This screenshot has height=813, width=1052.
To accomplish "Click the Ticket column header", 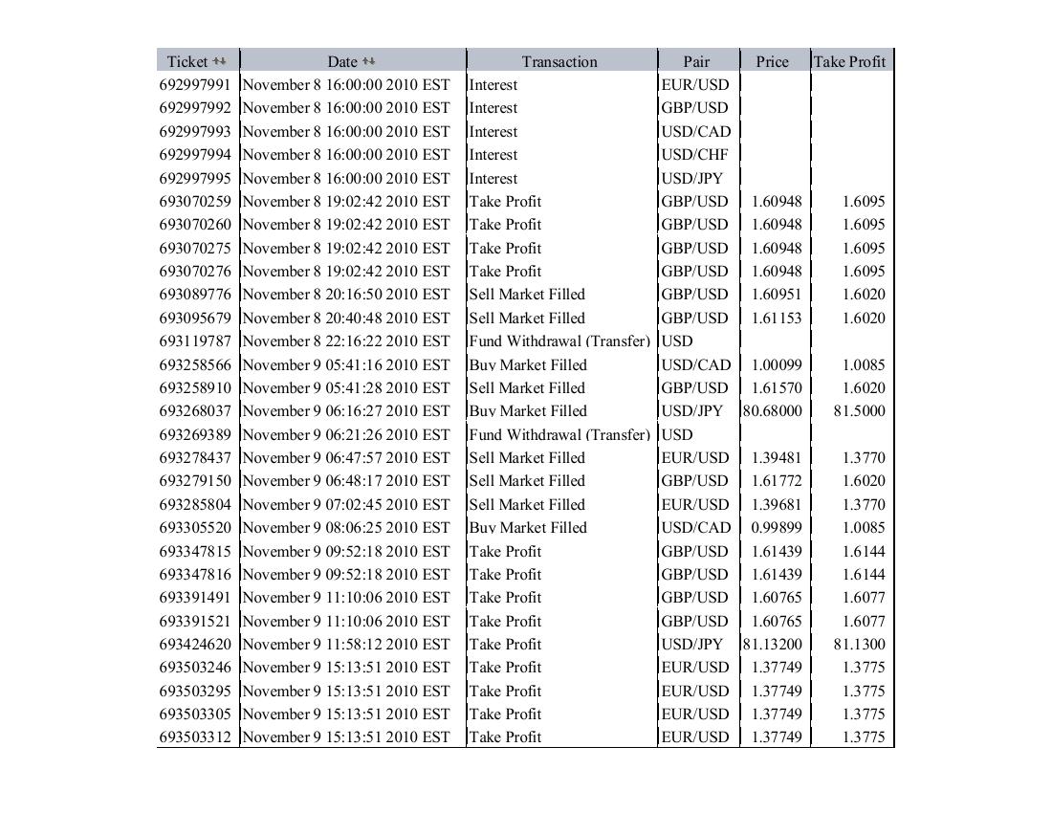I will [187, 61].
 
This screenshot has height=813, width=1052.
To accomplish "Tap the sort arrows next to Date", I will [369, 61].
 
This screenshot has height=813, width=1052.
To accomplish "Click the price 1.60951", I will [777, 294].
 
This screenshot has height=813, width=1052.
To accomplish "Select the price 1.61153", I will [777, 318].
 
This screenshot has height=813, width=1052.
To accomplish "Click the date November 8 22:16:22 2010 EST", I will [346, 341].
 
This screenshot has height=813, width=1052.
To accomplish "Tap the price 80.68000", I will [773, 410].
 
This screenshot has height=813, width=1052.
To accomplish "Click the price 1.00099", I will [777, 364].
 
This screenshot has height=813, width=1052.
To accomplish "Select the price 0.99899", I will [777, 527].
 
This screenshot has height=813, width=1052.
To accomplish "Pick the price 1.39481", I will [777, 457].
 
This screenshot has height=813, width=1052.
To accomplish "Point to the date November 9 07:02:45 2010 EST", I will [346, 504].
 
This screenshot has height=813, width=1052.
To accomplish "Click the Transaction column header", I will [559, 61].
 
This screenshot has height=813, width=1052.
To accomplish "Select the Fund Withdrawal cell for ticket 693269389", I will [559, 434].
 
